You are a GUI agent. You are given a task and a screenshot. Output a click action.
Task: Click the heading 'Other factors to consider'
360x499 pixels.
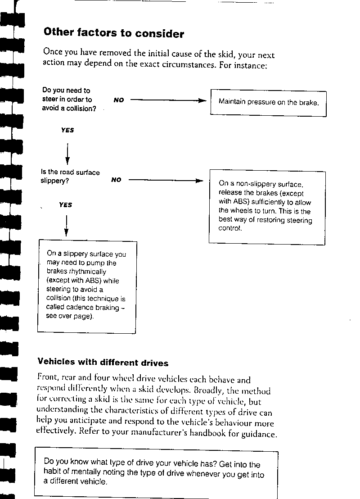pyautogui.click(x=114, y=33)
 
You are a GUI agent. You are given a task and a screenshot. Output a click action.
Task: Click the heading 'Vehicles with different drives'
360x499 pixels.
pyautogui.click(x=103, y=363)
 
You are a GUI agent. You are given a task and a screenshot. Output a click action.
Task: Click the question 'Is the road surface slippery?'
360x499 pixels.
pyautogui.click(x=70, y=177)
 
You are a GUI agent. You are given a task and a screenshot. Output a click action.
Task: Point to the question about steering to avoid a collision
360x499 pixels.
pyautogui.click(x=68, y=100)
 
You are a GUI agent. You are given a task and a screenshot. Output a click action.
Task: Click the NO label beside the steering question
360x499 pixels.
pyautogui.click(x=119, y=100)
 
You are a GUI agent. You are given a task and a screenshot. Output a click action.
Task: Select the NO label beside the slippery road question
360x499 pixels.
pyautogui.click(x=116, y=180)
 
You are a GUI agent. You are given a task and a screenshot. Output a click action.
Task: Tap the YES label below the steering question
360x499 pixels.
pyautogui.click(x=67, y=130)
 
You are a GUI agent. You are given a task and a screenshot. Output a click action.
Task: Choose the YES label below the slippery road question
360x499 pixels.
pyautogui.click(x=65, y=205)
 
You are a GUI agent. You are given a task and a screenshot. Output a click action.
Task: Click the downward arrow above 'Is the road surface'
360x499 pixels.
pyautogui.click(x=67, y=154)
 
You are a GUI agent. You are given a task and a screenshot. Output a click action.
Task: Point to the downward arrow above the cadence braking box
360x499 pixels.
pyautogui.click(x=66, y=227)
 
